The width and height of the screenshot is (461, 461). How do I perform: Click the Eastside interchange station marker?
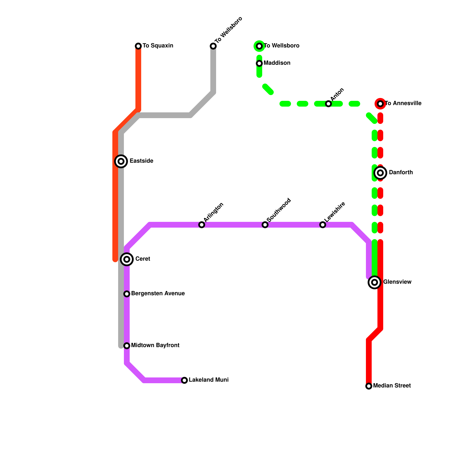click(121, 161)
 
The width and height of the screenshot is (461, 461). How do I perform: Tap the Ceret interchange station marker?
click(127, 259)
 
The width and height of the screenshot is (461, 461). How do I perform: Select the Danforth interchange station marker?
click(380, 173)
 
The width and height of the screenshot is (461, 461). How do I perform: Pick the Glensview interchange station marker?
click(375, 282)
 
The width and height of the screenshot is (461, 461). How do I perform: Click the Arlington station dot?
click(202, 225)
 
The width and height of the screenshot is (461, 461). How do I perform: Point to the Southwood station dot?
click(265, 225)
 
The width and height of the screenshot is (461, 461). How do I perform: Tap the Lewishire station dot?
click(323, 225)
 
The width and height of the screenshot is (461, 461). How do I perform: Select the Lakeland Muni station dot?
click(184, 380)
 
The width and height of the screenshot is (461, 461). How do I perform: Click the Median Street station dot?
click(369, 386)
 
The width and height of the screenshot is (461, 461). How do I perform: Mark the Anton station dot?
click(328, 104)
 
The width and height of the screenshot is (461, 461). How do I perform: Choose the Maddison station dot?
click(259, 63)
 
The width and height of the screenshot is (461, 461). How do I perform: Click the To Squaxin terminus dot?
click(138, 46)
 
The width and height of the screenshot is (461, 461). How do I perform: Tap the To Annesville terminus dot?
click(380, 104)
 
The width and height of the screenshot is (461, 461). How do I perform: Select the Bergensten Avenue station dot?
click(127, 294)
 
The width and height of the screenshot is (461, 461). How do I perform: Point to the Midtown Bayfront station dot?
click(127, 346)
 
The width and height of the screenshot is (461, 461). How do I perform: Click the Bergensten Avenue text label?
click(158, 294)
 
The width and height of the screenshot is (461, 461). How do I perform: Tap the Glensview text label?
click(397, 282)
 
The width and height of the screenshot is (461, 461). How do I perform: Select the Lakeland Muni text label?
click(209, 380)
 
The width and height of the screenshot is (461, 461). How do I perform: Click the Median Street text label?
click(392, 386)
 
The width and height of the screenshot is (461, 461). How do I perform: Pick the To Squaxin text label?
click(158, 46)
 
